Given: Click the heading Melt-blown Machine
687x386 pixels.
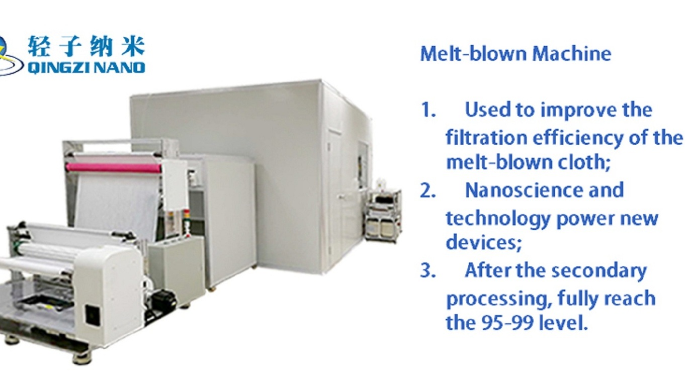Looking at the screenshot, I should pos(516,54).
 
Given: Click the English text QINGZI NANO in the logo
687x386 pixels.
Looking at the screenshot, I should pos(86,67).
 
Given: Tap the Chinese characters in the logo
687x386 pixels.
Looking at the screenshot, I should pos(86,47).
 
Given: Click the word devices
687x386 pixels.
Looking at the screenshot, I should pos(480,243).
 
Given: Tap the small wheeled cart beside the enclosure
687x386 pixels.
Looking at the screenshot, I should pos(383,215).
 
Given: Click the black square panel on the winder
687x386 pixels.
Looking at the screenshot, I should pos(92,315).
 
